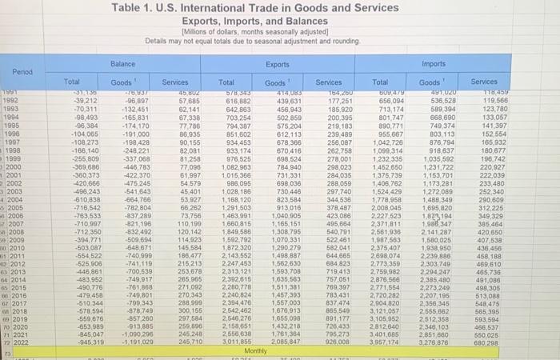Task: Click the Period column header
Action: pos(22,71)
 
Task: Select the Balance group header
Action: pos(123,62)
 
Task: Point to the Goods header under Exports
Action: pos(276,82)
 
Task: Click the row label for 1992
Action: pos(11,101)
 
